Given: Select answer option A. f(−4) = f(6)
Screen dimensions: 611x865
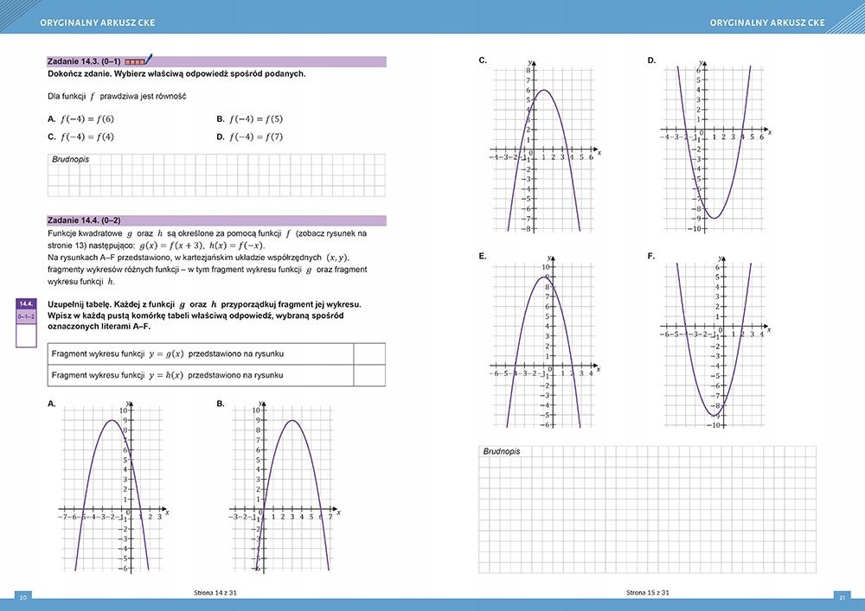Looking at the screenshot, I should click(x=81, y=119).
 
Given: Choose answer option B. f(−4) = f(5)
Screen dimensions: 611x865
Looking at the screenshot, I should click(x=250, y=119).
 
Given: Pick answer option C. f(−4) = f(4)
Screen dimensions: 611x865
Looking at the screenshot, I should click(x=81, y=137).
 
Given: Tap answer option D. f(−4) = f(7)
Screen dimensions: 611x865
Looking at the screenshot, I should click(x=250, y=137).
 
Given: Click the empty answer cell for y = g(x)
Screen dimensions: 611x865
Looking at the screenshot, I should click(x=369, y=354).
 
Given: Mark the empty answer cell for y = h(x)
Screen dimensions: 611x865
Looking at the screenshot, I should click(x=369, y=375).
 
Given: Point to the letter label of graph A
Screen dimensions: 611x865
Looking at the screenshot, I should click(x=52, y=404).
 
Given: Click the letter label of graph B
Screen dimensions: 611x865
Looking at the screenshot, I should click(x=221, y=404).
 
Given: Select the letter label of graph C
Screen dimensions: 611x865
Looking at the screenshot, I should click(x=483, y=60).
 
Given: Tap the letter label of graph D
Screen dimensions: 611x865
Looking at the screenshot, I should click(x=651, y=60).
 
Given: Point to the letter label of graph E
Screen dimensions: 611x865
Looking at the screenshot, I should click(x=482, y=257).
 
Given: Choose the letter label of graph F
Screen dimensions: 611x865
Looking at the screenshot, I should click(x=651, y=257).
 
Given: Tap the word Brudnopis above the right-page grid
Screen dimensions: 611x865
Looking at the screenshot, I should click(x=503, y=452).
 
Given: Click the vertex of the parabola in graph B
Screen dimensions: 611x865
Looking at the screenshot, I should click(x=293, y=421).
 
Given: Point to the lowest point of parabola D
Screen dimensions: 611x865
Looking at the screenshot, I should click(x=714, y=218).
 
